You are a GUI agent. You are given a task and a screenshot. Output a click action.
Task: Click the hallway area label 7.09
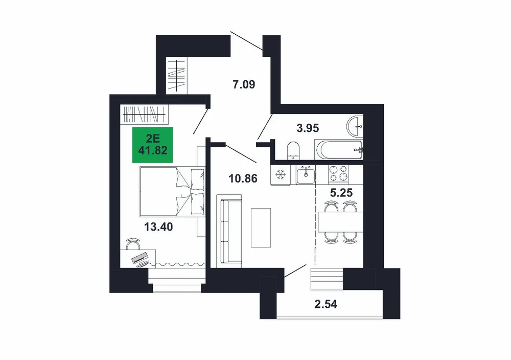[244, 85]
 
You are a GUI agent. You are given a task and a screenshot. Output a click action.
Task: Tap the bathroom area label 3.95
[308, 128]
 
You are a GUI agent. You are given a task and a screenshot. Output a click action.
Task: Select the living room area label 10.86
[243, 178]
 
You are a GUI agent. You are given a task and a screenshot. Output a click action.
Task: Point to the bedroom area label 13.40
[158, 227]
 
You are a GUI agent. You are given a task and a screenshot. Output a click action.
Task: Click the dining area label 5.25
[341, 193]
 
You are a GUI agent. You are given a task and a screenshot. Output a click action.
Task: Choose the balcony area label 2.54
[326, 304]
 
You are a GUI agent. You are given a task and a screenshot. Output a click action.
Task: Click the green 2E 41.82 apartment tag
[152, 145]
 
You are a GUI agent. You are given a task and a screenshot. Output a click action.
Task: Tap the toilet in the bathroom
[293, 151]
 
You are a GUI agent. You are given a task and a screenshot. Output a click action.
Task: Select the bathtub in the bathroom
[339, 150]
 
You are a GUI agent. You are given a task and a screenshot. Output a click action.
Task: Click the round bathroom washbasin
[355, 126]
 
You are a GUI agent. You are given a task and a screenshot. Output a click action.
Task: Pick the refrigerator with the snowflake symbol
[280, 175]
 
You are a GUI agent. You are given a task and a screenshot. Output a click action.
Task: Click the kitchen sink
[306, 174]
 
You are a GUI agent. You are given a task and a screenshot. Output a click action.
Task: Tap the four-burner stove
[338, 173]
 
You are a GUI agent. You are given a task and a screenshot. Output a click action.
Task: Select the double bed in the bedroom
[172, 191]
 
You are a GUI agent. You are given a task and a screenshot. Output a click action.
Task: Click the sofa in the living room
[229, 231]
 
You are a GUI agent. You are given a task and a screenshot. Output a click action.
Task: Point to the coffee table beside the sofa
[261, 228]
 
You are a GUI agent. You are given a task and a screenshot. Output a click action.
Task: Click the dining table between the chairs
[340, 222]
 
